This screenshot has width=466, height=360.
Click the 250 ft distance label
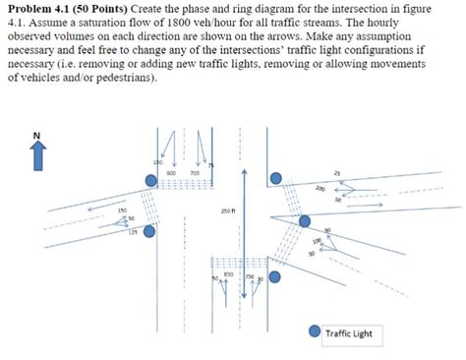(226, 210)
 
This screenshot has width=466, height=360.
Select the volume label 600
(170, 173)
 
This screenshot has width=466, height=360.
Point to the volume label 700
(195, 173)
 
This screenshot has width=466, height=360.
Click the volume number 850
(228, 273)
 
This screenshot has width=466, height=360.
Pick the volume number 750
(250, 277)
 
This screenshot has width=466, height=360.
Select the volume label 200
(320, 188)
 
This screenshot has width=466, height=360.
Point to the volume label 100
(317, 240)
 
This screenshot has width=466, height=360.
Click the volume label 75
(208, 165)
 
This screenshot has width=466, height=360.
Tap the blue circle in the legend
(314, 332)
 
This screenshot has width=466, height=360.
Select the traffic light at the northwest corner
(149, 180)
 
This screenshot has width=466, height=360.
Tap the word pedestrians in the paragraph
(123, 78)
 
